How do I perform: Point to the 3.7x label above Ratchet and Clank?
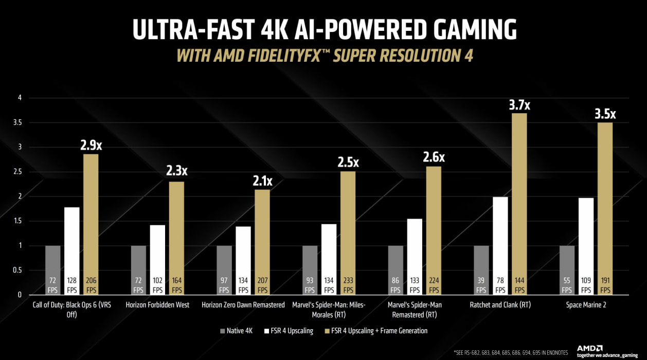pos(519,105)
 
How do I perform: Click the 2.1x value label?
pos(262,181)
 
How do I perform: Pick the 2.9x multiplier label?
pos(91,146)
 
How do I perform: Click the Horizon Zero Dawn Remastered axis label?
pos(243,305)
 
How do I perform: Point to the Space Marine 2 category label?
pos(586,305)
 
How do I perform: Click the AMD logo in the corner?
pos(589,348)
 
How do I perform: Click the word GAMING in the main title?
pos(463,30)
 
